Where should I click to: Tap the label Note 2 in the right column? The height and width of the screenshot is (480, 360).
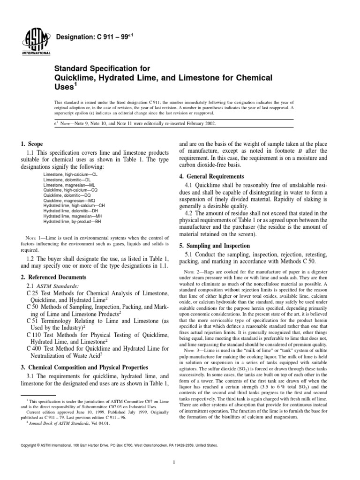pyautogui.click(x=193, y=272)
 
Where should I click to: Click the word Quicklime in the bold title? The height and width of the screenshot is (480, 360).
pyautogui.click(x=78, y=77)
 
